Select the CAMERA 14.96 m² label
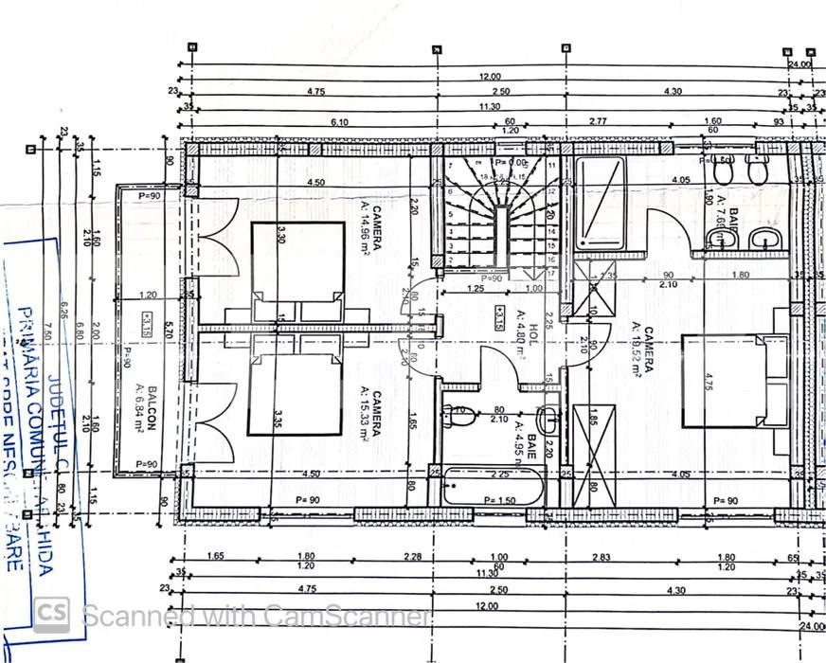[x=370, y=228]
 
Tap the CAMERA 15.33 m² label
[x=370, y=416]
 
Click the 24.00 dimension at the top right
[x=799, y=63]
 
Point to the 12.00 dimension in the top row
[x=489, y=76]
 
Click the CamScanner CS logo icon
[x=51, y=615]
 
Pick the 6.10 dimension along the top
[x=339, y=121]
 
